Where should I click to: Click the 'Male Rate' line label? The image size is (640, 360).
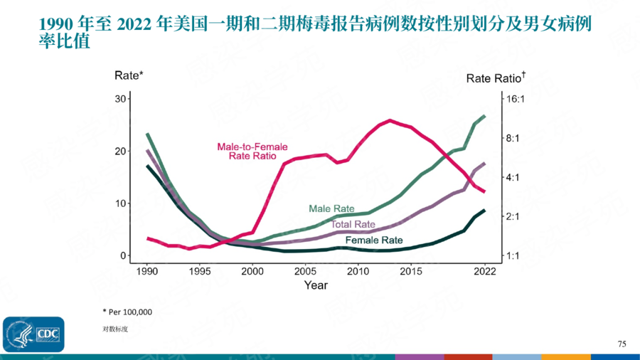[331, 209]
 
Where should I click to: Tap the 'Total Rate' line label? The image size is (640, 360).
[353, 225]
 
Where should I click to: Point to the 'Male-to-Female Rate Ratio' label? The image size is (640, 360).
[252, 152]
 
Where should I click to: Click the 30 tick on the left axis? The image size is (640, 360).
[120, 98]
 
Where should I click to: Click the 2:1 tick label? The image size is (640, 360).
[514, 216]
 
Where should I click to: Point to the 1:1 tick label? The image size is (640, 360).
[514, 255]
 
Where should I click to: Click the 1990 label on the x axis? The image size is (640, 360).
[147, 272]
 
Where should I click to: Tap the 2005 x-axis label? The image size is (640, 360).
[306, 272]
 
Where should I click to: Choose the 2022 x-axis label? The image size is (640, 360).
[485, 272]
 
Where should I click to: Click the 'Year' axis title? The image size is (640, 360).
[316, 286]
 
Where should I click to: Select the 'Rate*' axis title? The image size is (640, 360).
[129, 75]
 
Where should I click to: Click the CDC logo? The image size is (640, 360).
[33, 334]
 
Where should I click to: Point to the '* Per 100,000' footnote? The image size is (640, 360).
[127, 312]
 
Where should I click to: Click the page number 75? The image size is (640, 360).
[622, 344]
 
